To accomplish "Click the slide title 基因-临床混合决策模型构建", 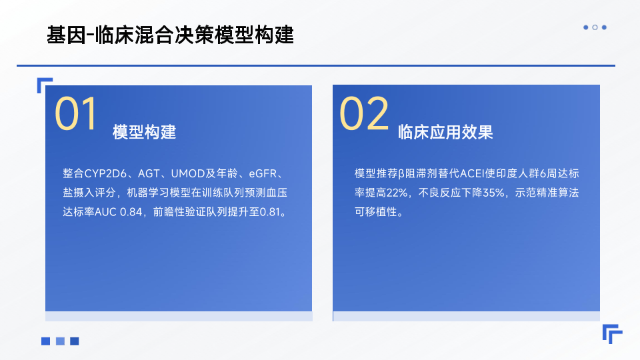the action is tap(170, 35).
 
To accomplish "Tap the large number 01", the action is tap(76, 113).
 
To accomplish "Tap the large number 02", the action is tap(364, 113).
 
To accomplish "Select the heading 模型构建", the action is tap(145, 132).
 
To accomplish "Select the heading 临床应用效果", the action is tap(445, 132).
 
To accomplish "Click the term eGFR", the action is tap(263, 173).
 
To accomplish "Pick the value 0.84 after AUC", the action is tap(131, 212).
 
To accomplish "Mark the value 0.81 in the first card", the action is tap(270, 212).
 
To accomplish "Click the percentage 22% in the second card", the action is tap(397, 193).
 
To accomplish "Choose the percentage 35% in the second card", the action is tap(494, 193).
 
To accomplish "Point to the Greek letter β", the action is tap(401, 174).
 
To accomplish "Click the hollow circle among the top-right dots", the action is tap(595, 27).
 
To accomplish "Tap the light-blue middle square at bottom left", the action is tap(60, 341).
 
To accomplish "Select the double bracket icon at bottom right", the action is tap(612, 334).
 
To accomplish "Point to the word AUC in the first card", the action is tap(105, 212).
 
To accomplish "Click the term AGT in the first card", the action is tap(149, 173).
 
